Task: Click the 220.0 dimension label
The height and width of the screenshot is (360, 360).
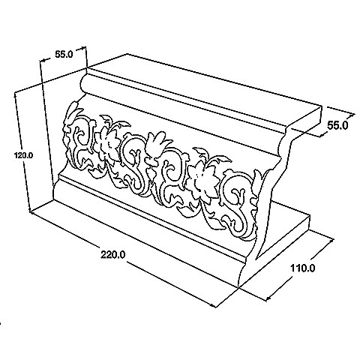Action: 113,255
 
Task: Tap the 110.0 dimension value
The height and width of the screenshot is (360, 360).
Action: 302,268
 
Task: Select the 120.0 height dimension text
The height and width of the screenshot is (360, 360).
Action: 23,155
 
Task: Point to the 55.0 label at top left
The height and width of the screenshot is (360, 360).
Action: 64,54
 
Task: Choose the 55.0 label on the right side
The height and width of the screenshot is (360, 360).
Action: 337,125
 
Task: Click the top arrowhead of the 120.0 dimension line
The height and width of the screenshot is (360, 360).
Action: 16,95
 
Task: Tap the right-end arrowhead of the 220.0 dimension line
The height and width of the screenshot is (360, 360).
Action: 212,305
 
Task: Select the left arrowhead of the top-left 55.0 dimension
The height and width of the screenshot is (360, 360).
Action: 43,60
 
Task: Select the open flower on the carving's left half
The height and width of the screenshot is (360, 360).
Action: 108,145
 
